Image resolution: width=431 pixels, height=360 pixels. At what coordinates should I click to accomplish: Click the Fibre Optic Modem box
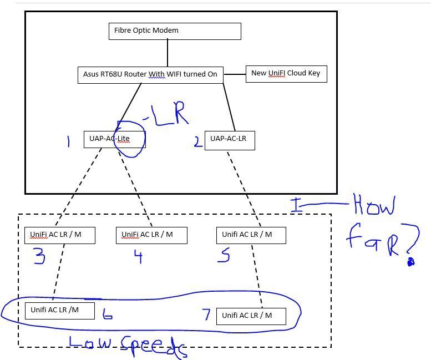point(175,31)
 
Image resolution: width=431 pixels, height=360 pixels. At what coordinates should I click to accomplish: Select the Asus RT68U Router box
point(150,75)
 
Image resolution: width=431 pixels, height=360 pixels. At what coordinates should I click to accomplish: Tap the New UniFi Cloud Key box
point(286,74)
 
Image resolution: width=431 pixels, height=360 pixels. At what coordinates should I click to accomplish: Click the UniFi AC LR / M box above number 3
point(60,235)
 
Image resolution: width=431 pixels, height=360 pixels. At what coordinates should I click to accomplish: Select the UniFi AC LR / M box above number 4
point(151,235)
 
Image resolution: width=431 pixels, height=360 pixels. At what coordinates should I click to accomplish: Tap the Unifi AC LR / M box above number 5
point(251,235)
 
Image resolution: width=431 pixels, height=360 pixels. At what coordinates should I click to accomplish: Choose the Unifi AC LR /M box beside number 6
point(59,311)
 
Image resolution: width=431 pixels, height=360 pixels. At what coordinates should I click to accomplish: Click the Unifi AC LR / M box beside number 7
point(251,316)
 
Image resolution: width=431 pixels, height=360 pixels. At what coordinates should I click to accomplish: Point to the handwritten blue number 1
point(68,142)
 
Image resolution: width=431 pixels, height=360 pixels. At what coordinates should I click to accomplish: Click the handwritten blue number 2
point(198,142)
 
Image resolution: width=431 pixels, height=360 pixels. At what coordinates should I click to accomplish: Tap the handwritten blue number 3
point(39,257)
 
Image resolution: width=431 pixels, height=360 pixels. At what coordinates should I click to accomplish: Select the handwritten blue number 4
point(138,256)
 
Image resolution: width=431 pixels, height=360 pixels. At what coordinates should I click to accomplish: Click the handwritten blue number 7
point(207,315)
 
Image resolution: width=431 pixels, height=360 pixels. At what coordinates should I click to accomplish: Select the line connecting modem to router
point(168,53)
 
